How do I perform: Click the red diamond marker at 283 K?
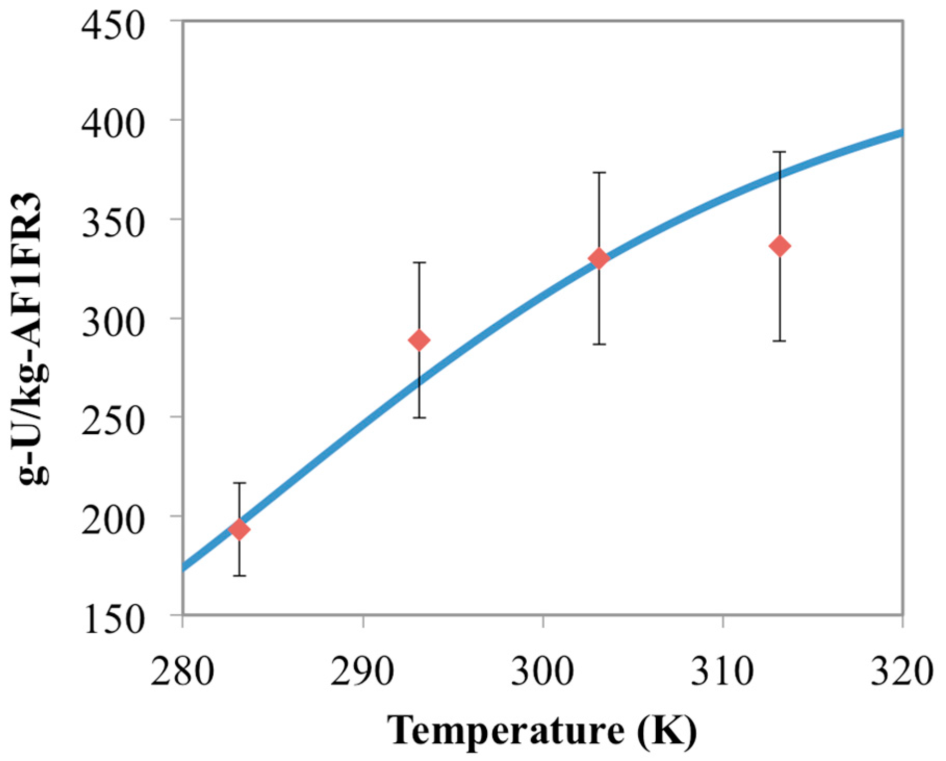(x=239, y=530)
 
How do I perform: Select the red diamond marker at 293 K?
(x=419, y=340)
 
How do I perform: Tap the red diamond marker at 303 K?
(x=599, y=258)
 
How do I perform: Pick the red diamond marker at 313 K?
(x=780, y=246)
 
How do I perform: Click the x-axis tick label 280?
(x=182, y=671)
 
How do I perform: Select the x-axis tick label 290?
(x=362, y=671)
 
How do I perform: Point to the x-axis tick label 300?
(x=542, y=671)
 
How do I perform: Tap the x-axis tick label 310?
(x=722, y=671)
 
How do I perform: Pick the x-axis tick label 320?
(x=902, y=671)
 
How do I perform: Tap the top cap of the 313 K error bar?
(x=780, y=152)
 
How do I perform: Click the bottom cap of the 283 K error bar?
(x=239, y=576)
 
